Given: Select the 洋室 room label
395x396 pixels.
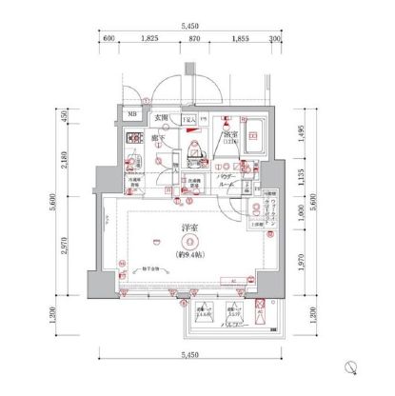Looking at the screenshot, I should tap(189, 228).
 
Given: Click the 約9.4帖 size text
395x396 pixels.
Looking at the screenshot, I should tap(189, 255).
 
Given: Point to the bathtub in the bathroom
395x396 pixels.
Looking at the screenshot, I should tap(253, 134).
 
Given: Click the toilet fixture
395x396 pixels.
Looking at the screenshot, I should tap(194, 150).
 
